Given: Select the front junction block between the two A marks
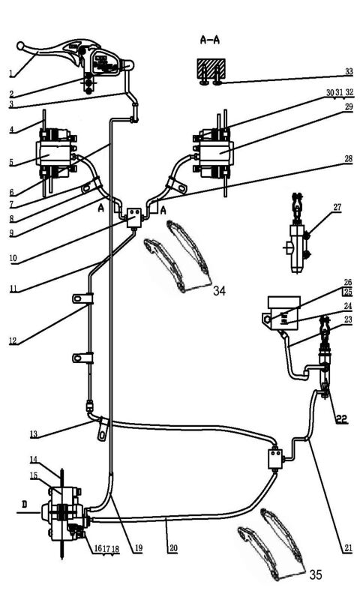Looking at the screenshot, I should click(136, 217).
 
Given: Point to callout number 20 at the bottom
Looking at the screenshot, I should click(173, 548).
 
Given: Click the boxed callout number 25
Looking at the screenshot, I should click(347, 292).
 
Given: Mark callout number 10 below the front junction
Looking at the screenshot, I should click(13, 260).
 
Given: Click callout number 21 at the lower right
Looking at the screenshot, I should click(347, 548).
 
